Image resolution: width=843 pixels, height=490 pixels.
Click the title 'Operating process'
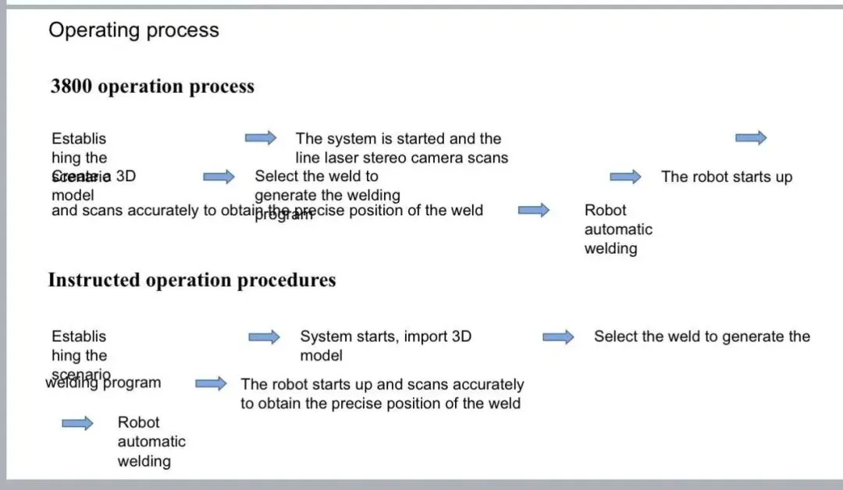coord(133,30)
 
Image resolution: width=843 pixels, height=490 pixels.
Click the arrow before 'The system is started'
coord(261,138)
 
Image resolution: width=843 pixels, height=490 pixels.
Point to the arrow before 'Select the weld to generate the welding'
coord(219,177)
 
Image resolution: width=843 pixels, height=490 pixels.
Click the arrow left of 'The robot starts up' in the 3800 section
coord(625,177)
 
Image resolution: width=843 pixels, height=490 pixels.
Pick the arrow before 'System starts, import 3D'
coord(264,337)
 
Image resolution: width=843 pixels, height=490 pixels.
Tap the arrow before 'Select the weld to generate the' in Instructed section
coord(558,337)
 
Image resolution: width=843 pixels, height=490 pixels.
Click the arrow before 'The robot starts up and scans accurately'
coord(211,384)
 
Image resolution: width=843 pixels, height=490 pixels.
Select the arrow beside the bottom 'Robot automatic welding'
coord(77,423)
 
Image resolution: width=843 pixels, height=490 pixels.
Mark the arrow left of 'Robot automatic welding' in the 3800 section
coord(534,210)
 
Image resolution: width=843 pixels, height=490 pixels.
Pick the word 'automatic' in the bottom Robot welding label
coord(151,442)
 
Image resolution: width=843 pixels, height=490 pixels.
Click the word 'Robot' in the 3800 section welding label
coord(605,210)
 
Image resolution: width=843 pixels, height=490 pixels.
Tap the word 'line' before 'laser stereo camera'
coord(308,158)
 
